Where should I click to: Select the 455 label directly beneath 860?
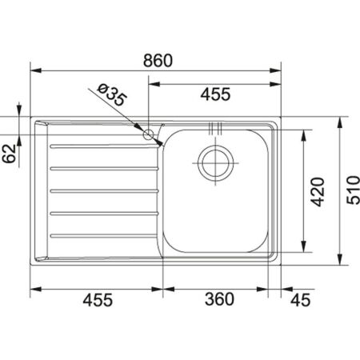click(x=214, y=94)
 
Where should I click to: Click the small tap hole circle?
click(x=149, y=134)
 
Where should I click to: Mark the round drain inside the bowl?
click(x=215, y=163)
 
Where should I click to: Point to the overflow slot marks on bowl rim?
click(x=213, y=127)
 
